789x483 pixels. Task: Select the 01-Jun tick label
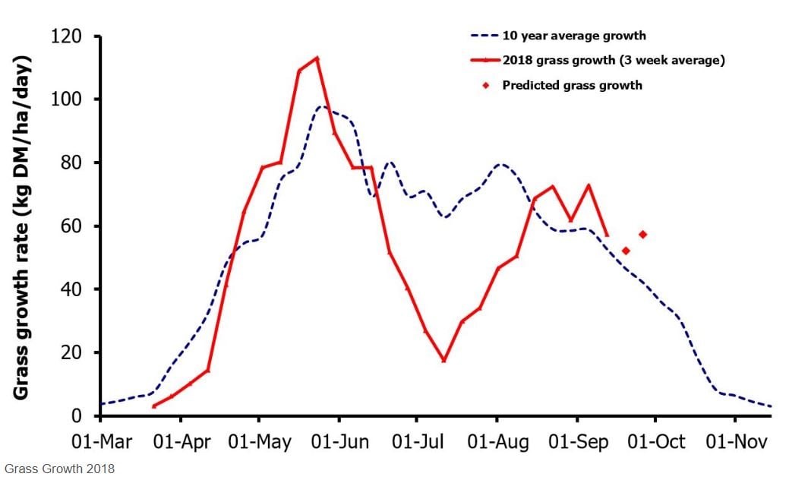coord(339,441)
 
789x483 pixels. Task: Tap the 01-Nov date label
coord(734,441)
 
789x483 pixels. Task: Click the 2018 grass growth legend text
coord(613,60)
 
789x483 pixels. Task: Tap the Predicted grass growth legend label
coord(572,85)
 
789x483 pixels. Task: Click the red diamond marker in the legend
coord(486,85)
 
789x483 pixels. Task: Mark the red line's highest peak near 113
coord(317,58)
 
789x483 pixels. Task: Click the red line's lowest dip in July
coord(443,360)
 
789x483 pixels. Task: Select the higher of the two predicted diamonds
coord(642,234)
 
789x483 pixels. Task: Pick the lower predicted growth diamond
coord(626,251)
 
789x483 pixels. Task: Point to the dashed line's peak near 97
coord(321,107)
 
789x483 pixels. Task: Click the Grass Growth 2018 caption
coord(58,469)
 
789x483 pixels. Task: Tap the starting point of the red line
coord(154,406)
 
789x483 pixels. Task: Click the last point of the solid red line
coord(607,235)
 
